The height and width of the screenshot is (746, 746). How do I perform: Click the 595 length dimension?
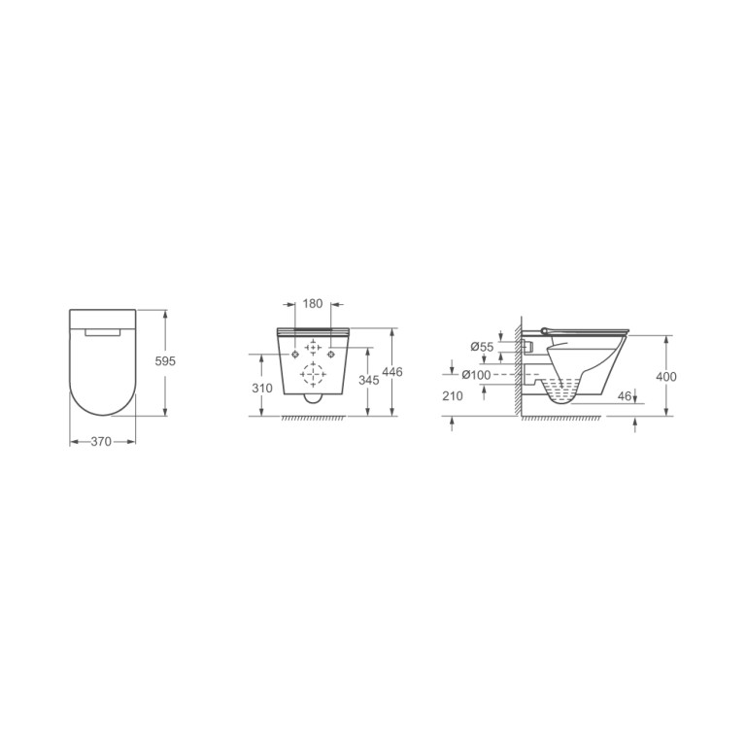pos(165,361)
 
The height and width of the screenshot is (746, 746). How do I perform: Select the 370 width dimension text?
pos(101,442)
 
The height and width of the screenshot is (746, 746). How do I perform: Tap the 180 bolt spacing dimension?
pos(313,303)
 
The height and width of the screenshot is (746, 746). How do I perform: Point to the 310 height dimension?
pos(262,389)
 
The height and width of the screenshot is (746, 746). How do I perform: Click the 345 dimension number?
pos(369,380)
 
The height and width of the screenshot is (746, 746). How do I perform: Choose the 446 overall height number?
pos(392,372)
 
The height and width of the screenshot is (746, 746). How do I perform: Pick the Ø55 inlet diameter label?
pos(482,347)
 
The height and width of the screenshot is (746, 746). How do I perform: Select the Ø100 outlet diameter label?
pos(476,375)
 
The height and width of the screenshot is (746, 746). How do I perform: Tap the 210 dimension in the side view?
pos(452,396)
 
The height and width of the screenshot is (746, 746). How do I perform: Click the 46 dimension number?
pos(624,396)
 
